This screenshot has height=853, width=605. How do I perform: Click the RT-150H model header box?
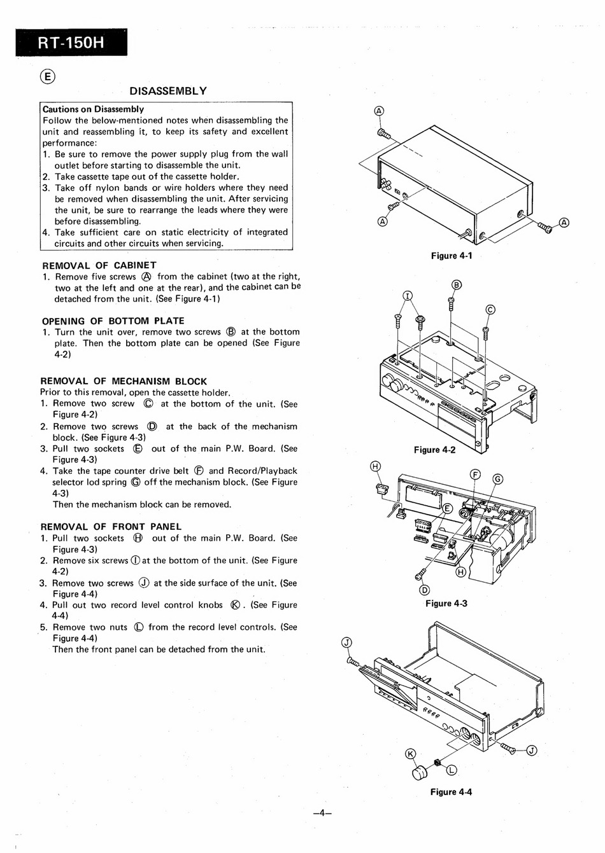pyautogui.click(x=71, y=42)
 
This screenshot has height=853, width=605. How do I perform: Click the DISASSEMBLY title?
pyautogui.click(x=168, y=91)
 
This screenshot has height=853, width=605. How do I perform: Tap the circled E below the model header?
pyautogui.click(x=48, y=76)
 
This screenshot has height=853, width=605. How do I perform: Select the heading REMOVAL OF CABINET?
pyautogui.click(x=99, y=265)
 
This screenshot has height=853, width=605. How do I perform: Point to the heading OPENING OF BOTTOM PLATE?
pyautogui.click(x=113, y=321)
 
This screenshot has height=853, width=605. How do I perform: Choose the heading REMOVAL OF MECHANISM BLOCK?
pyautogui.click(x=124, y=381)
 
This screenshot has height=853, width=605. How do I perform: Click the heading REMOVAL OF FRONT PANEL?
pyautogui.click(x=111, y=527)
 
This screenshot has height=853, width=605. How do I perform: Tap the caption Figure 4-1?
pyautogui.click(x=452, y=256)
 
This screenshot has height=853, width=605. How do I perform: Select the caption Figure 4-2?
pyautogui.click(x=434, y=450)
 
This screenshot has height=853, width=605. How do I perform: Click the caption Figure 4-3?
pyautogui.click(x=446, y=603)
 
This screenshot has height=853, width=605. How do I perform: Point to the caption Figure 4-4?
pyautogui.click(x=451, y=792)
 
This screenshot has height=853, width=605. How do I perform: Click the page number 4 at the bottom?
pyautogui.click(x=322, y=813)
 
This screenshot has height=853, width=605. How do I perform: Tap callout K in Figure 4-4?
pyautogui.click(x=411, y=753)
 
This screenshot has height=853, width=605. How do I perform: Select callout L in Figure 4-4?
pyautogui.click(x=452, y=770)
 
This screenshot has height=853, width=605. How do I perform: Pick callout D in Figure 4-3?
pyautogui.click(x=424, y=590)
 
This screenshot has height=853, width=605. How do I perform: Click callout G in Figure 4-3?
pyautogui.click(x=498, y=479)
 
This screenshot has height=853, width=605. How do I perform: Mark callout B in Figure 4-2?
pyautogui.click(x=457, y=285)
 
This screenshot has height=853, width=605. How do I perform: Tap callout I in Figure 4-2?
pyautogui.click(x=408, y=296)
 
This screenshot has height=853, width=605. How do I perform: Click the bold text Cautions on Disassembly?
pyautogui.click(x=94, y=109)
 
